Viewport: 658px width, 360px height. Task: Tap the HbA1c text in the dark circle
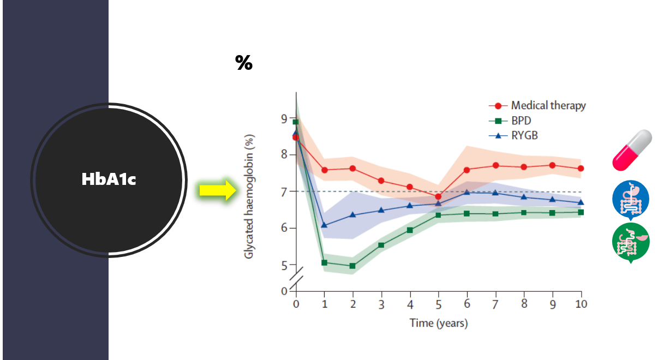108,179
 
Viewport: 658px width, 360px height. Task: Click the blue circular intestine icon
630,199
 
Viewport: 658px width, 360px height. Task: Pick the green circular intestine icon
630,242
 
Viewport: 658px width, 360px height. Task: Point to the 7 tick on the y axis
284,191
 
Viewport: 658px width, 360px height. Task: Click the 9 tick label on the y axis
284,118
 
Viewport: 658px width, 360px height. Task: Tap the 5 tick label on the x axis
438,304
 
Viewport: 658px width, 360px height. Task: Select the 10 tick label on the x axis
581,304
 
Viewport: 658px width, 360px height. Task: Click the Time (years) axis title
438,323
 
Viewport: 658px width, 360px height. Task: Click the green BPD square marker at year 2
352,266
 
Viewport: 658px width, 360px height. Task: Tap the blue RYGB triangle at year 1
325,224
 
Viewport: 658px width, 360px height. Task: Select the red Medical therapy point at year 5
438,196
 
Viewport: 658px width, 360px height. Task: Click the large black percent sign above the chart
244,63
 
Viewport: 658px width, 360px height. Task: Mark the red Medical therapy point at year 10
581,169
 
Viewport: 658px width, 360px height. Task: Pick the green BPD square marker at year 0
296,122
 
